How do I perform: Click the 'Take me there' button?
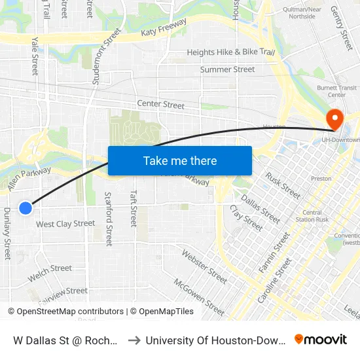(x=180, y=160)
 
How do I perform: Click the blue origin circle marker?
(x=26, y=208)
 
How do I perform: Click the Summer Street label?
(x=227, y=69)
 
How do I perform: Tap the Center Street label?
(x=160, y=104)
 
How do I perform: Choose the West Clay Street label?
(x=65, y=224)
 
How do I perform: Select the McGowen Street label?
(x=199, y=295)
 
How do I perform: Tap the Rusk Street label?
(x=283, y=185)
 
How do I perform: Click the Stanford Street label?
(x=109, y=219)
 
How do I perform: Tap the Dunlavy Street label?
(x=7, y=234)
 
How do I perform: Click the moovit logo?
(x=321, y=339)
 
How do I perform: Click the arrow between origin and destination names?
(x=134, y=340)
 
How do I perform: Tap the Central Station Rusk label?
(x=312, y=215)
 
